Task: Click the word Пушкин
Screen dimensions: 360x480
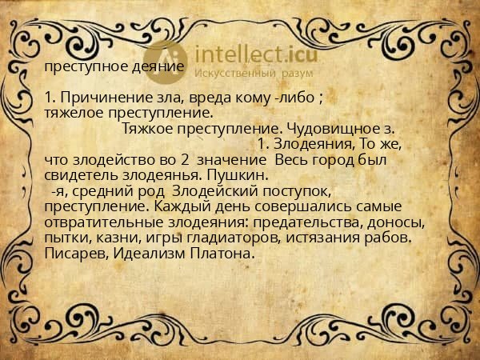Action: tap(242, 174)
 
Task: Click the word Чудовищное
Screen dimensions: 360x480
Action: tap(333, 128)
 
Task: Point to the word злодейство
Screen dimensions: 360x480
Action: tap(116, 159)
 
